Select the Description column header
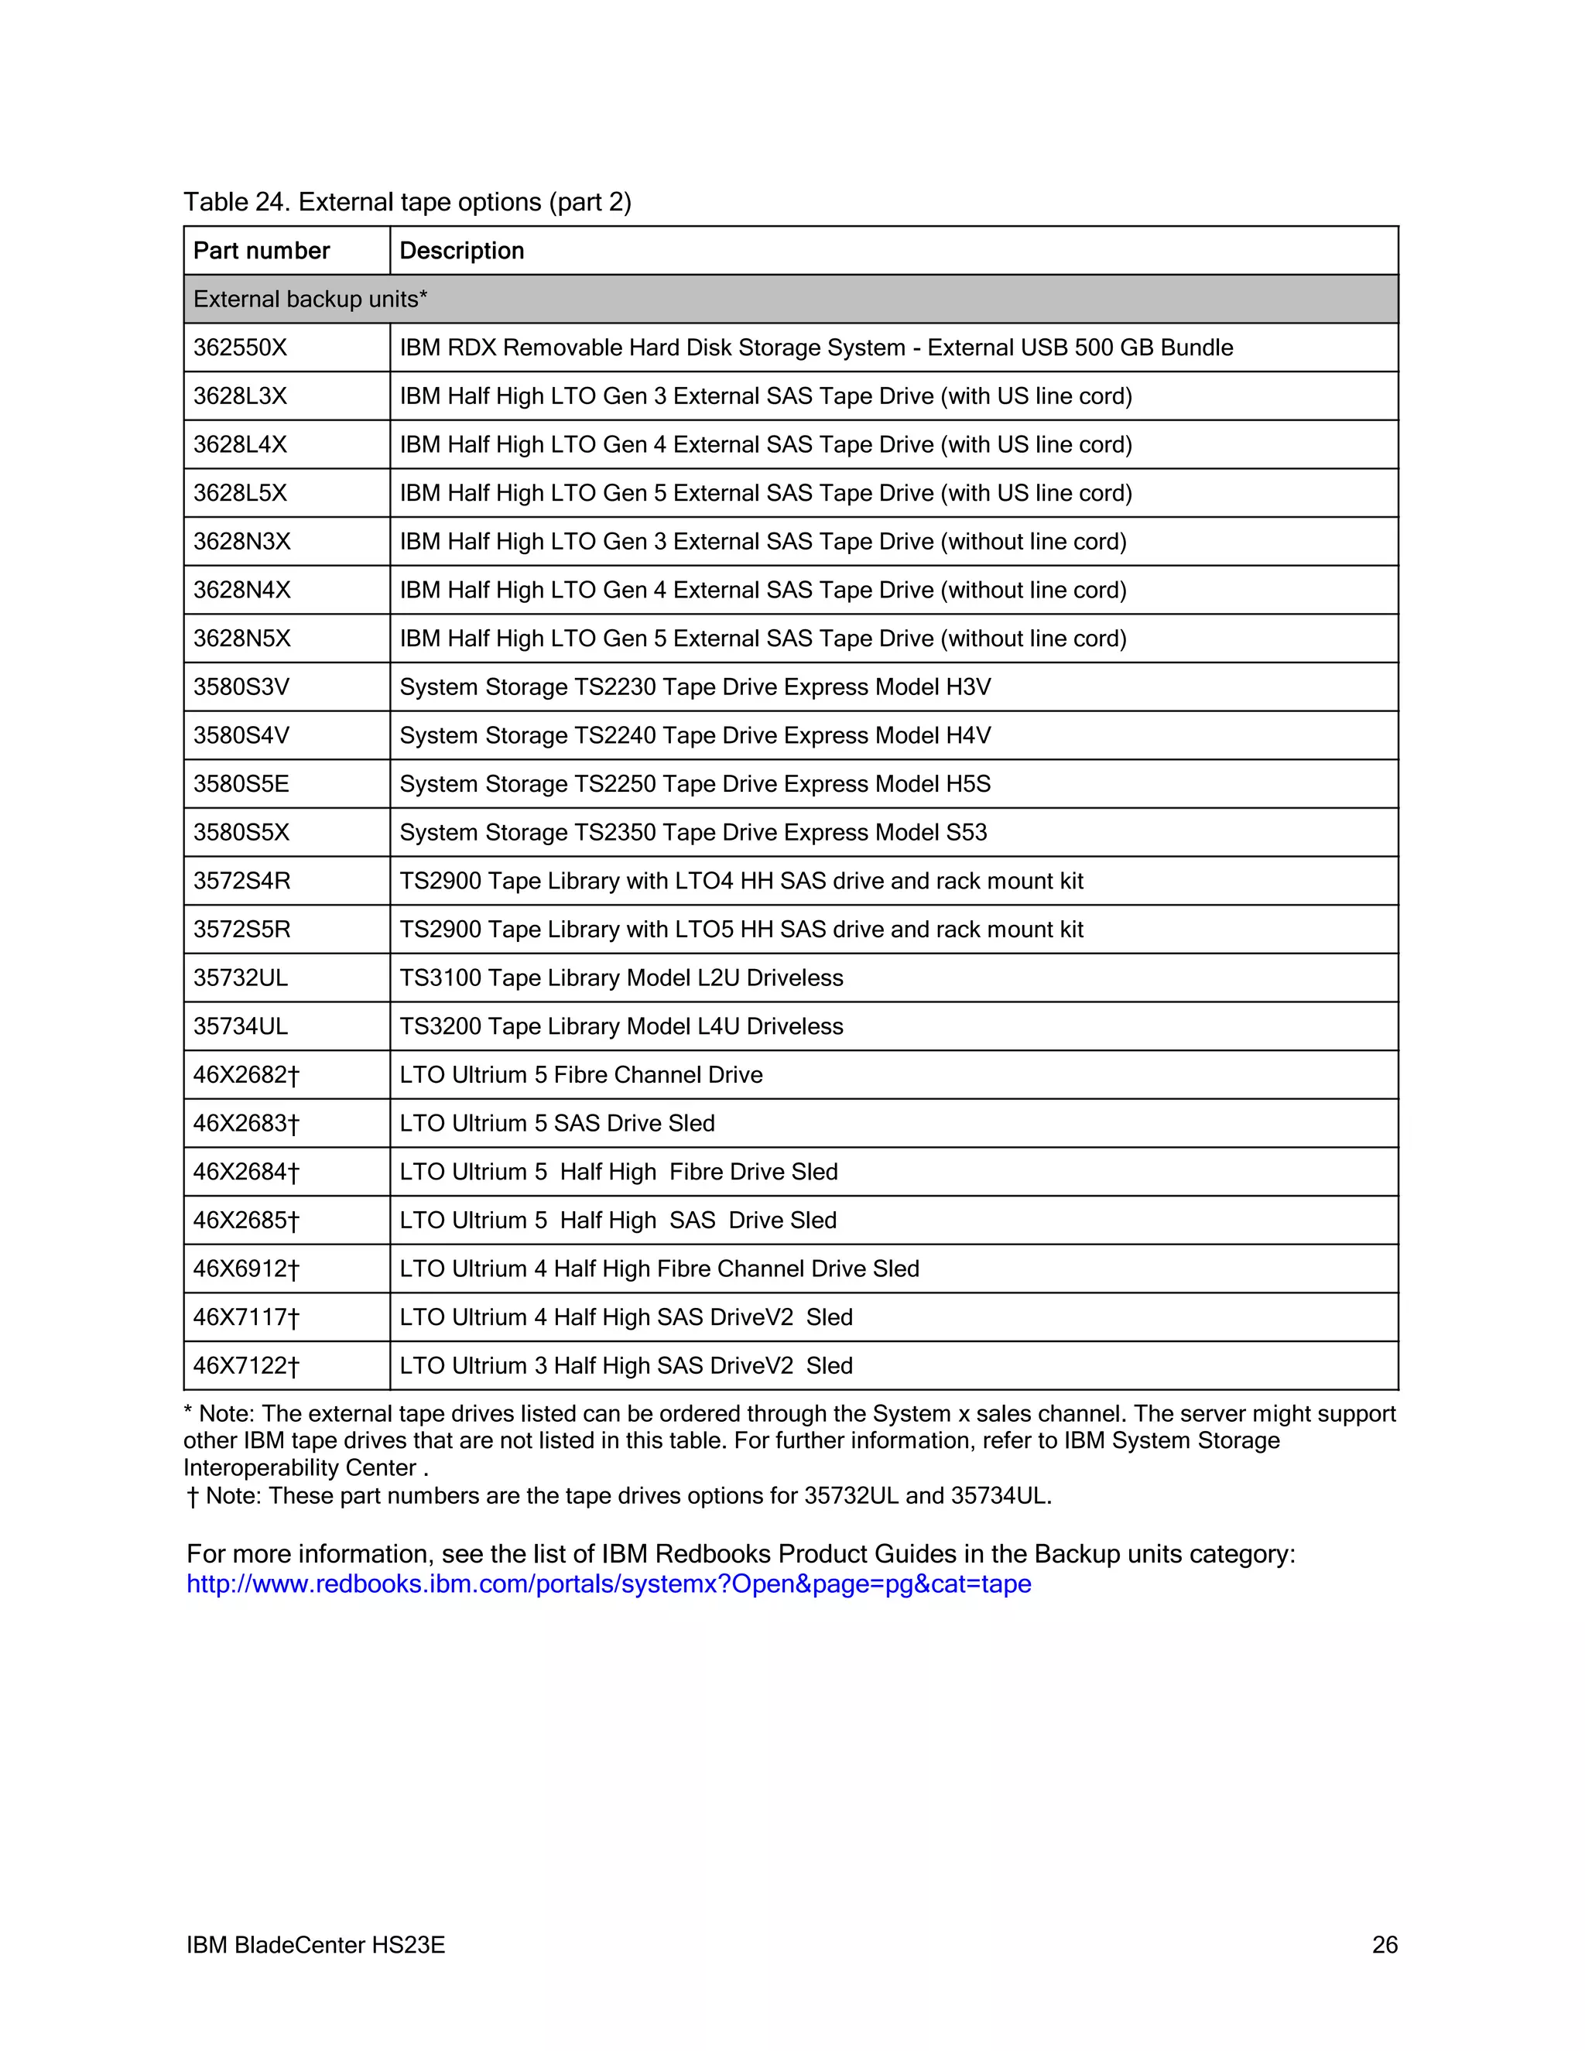pyautogui.click(x=461, y=251)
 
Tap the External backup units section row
pyautogui.click(x=310, y=300)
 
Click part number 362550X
pyautogui.click(x=241, y=348)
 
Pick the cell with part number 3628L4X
pyautogui.click(x=241, y=444)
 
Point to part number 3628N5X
pyautogui.click(x=242, y=639)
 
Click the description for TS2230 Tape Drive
pyautogui.click(x=695, y=687)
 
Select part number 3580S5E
pyautogui.click(x=241, y=784)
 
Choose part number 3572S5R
pyautogui.click(x=242, y=930)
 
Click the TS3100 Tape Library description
pyautogui.click(x=621, y=978)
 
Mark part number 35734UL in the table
pyautogui.click(x=241, y=1026)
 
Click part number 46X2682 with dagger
pyautogui.click(x=246, y=1075)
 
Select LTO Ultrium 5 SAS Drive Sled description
pyautogui.click(x=556, y=1124)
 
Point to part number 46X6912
pyautogui.click(x=246, y=1269)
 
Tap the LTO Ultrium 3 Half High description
pyautogui.click(x=625, y=1366)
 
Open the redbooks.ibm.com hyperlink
pyautogui.click(x=608, y=1584)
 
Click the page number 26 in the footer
pyautogui.click(x=1384, y=1945)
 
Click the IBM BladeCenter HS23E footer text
pyautogui.click(x=316, y=1945)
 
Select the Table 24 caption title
pyautogui.click(x=406, y=202)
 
